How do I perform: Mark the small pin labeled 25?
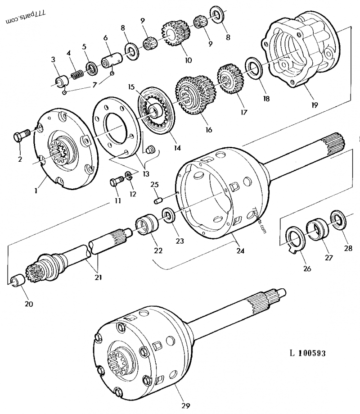[157, 199]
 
